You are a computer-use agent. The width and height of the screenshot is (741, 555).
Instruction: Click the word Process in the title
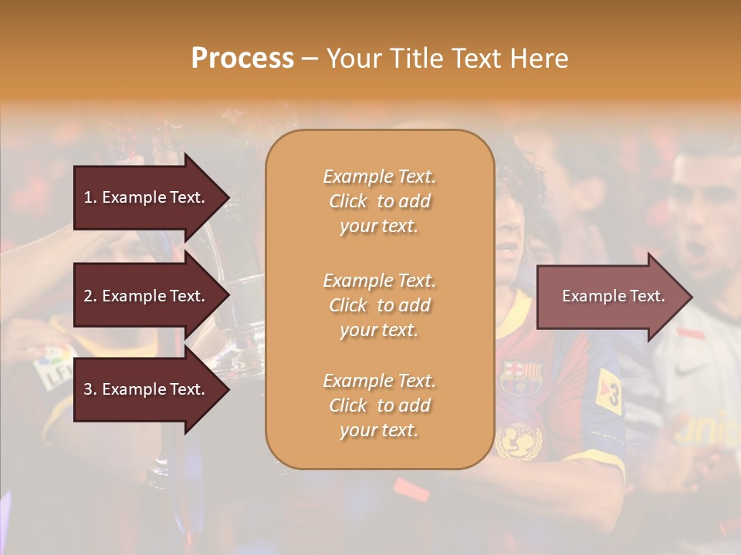coord(242,59)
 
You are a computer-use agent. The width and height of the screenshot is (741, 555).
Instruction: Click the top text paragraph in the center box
coord(379,201)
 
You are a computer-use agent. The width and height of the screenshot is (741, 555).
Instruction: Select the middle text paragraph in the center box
coord(379,305)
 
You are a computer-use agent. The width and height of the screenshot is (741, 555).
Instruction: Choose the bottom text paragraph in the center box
coord(379,405)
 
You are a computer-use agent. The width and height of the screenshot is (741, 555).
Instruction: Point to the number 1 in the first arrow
coord(88,197)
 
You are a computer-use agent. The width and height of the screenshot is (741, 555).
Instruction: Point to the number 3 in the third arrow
coord(88,389)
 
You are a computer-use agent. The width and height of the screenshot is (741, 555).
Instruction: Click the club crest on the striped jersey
coord(522,375)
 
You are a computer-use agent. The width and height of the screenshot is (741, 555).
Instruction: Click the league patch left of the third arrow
coord(51,366)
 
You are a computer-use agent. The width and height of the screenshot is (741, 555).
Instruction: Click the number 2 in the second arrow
coord(88,296)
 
